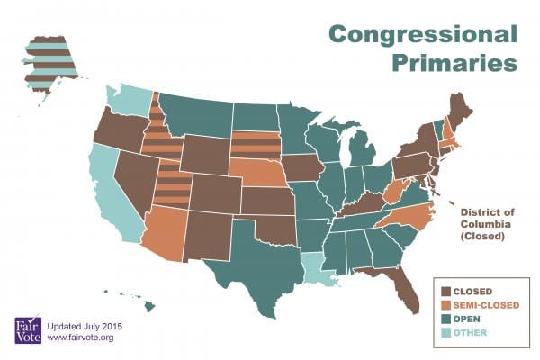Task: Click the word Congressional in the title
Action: pos(423,34)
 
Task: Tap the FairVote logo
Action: pos(28,329)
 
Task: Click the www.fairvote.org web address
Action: pos(80,337)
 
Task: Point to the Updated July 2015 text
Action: pos(85,326)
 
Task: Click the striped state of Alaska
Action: pos(49,63)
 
